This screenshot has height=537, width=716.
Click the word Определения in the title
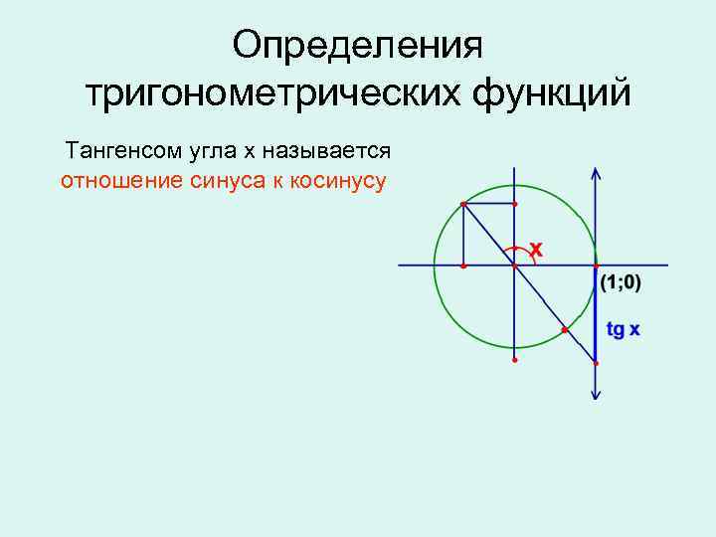click(357, 46)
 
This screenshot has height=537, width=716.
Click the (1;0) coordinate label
click(622, 283)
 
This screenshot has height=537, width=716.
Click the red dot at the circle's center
click(514, 266)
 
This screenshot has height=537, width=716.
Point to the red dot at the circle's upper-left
click(463, 204)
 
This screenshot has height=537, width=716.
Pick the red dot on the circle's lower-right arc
click(564, 328)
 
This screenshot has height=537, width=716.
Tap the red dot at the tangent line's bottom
click(595, 364)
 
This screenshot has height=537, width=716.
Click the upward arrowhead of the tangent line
click(595, 171)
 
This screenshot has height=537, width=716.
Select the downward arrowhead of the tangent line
click(595, 395)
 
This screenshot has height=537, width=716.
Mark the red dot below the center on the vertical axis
click(514, 360)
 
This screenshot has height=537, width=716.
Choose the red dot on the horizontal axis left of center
click(463, 266)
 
